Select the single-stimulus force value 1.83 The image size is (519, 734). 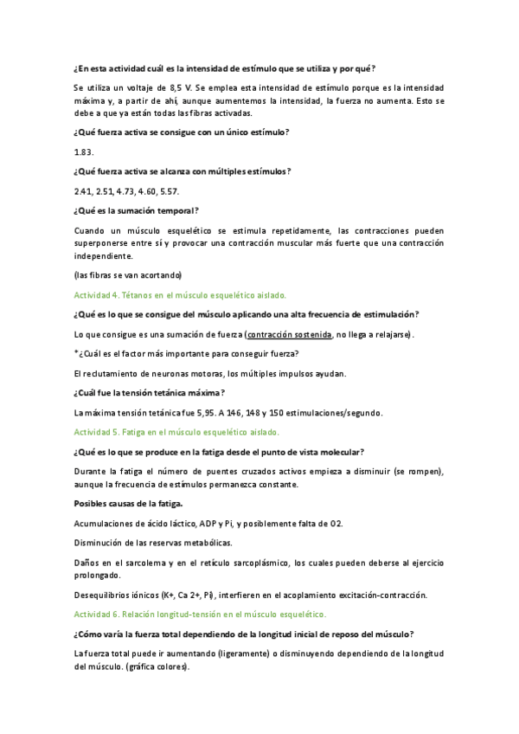84,151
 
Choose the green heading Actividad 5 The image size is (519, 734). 176,431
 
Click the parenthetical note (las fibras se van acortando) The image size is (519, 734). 128,275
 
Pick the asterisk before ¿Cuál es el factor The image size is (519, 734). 76,353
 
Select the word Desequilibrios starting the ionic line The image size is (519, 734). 105,595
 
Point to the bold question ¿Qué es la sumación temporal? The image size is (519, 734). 137,210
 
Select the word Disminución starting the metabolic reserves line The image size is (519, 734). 100,543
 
